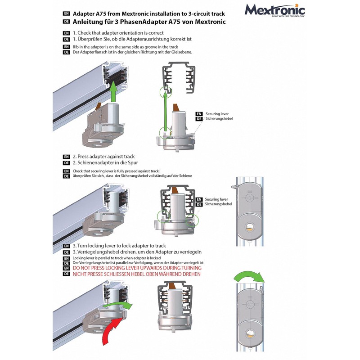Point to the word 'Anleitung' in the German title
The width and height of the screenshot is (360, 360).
pos(90,21)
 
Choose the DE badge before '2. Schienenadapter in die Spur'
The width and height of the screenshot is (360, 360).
pos(66,162)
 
